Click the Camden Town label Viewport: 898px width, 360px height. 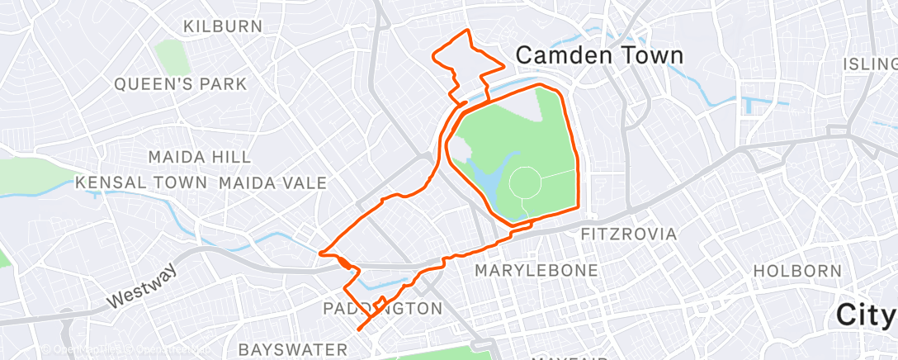(599, 55)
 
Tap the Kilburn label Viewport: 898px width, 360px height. (223, 26)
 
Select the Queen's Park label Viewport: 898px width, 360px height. (181, 83)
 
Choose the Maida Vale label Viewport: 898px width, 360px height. (273, 182)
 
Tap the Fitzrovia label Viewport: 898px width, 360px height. (629, 234)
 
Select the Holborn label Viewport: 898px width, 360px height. (797, 271)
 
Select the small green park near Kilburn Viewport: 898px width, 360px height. (172, 54)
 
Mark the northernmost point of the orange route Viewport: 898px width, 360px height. (468, 31)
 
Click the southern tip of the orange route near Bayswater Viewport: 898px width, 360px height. (360, 329)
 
